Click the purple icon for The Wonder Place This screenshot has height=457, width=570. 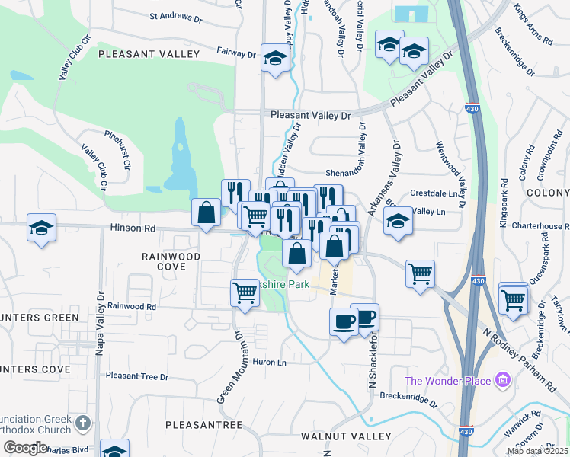[502, 379]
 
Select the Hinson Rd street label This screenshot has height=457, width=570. [133, 228]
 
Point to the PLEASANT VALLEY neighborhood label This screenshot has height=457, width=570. [149, 54]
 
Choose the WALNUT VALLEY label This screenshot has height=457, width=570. [347, 436]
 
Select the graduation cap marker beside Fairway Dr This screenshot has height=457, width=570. [274, 57]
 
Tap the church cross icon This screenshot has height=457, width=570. [84, 421]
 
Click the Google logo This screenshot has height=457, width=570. [25, 448]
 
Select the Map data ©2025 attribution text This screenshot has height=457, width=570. [536, 451]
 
